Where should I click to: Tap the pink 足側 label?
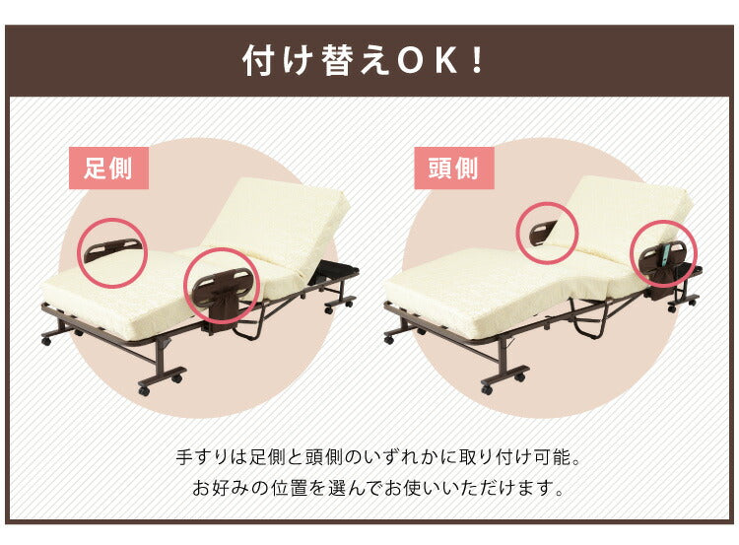[x=108, y=168]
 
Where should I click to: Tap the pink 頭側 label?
[x=453, y=168]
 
